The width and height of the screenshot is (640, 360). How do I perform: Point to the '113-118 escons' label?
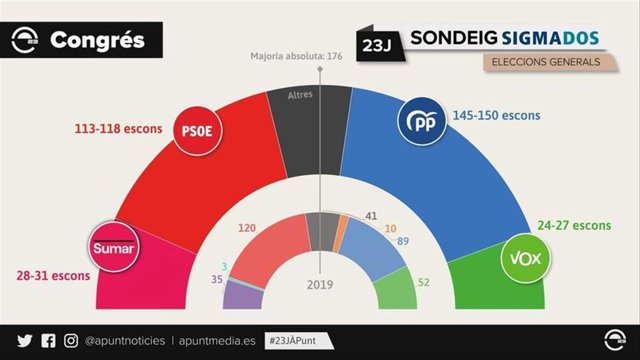pos(119,129)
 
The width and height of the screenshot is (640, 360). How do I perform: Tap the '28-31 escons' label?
pos(57,275)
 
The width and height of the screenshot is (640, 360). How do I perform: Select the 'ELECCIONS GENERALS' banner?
pos(546,62)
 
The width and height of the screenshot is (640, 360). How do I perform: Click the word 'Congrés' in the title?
pos(97,41)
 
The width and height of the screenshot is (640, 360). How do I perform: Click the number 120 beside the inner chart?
pos(247,228)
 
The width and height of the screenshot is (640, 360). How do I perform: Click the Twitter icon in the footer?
pos(25,341)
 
